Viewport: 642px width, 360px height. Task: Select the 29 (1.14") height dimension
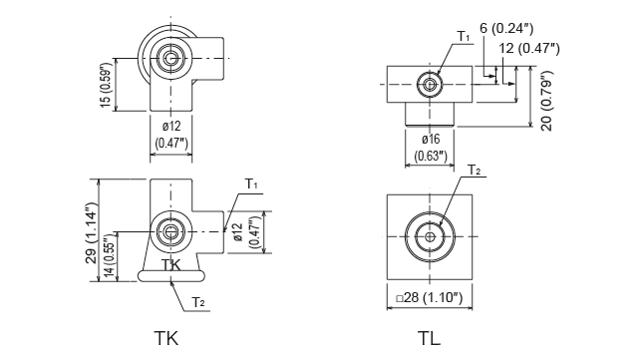(x=91, y=228)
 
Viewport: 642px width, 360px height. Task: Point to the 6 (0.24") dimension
(x=519, y=30)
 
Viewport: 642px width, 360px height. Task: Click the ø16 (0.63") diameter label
(x=431, y=147)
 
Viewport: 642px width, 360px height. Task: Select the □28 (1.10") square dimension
(x=435, y=297)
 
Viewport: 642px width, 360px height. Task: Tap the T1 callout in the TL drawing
(x=464, y=37)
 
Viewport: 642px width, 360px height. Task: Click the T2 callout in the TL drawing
(x=476, y=171)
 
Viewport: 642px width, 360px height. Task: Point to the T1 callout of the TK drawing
(x=251, y=185)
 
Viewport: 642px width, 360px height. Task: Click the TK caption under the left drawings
(x=170, y=337)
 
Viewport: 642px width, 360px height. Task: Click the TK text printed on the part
(x=171, y=265)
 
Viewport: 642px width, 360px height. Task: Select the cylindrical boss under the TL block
(x=431, y=113)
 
